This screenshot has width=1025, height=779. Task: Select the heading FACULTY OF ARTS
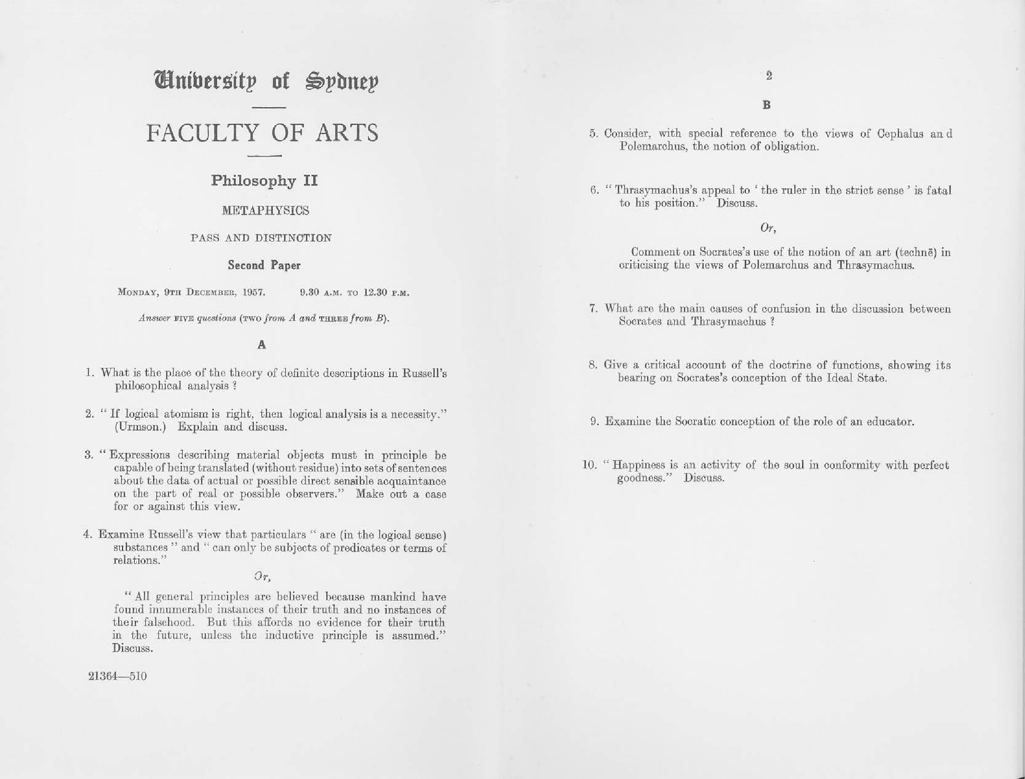click(x=262, y=133)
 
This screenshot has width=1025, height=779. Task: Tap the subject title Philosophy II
click(x=264, y=180)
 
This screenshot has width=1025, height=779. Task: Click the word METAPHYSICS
click(x=265, y=210)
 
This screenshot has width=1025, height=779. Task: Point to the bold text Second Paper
click(x=264, y=265)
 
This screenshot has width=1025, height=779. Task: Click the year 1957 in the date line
click(x=254, y=293)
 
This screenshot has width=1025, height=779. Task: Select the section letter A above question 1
click(x=262, y=344)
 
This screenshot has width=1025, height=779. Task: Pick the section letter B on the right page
click(x=767, y=105)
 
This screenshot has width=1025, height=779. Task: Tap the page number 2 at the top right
click(x=769, y=76)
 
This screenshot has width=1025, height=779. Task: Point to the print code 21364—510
click(x=117, y=676)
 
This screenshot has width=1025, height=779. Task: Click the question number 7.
click(x=592, y=309)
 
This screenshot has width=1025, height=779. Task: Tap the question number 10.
click(x=589, y=465)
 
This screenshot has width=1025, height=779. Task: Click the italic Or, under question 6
click(x=768, y=228)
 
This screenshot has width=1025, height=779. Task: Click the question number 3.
click(x=89, y=454)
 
